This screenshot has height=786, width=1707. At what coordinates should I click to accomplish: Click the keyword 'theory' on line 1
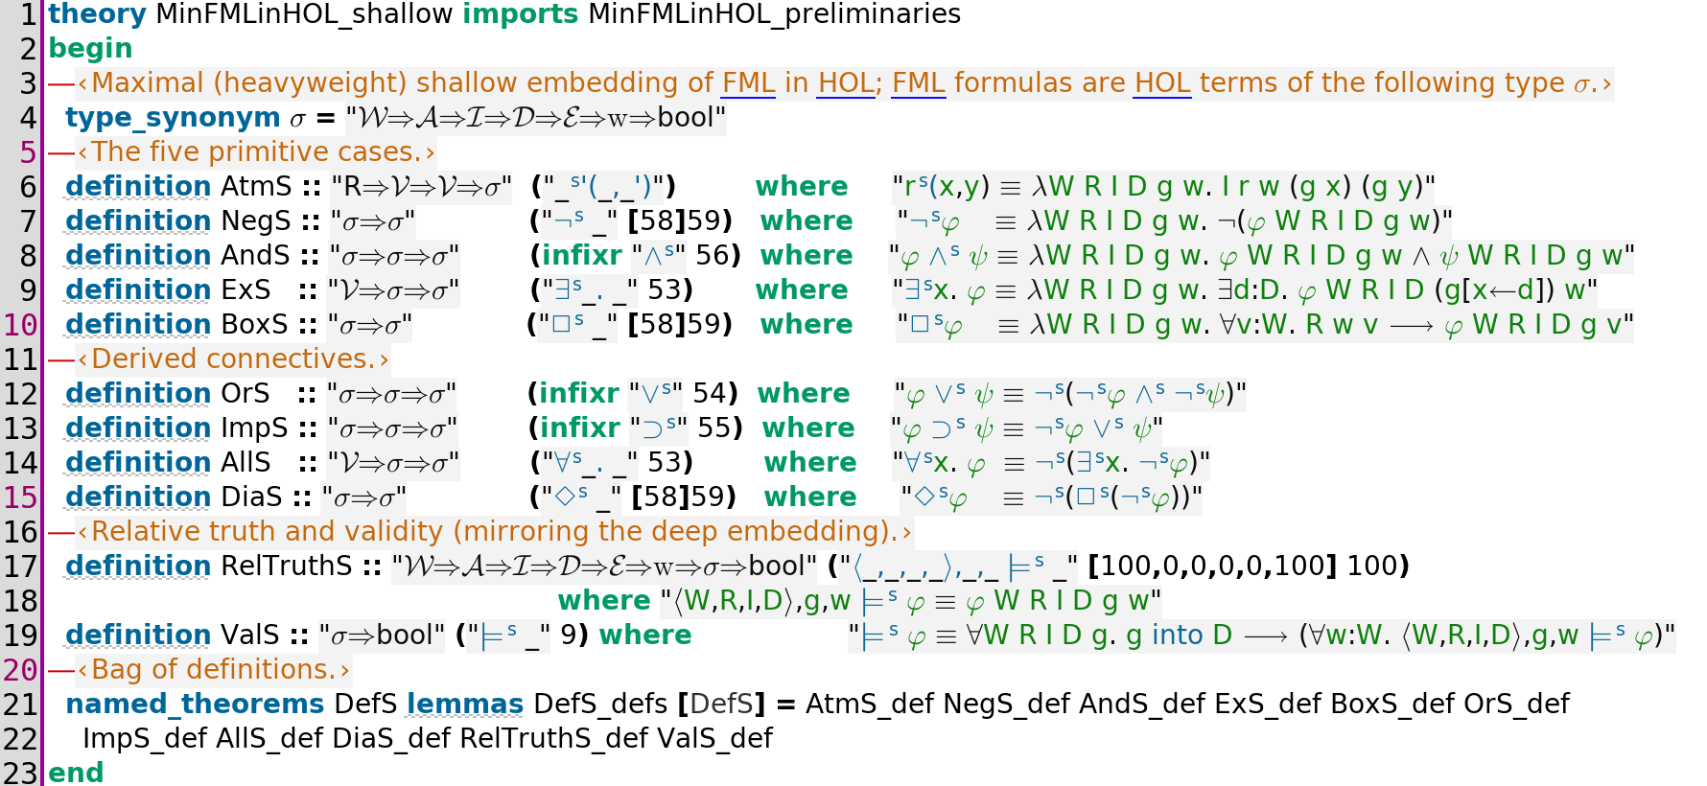tap(97, 14)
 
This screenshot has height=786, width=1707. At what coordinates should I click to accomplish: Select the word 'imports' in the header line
tap(520, 14)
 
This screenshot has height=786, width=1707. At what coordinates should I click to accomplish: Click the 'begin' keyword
tap(90, 49)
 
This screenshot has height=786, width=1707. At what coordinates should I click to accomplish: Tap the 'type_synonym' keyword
tap(173, 118)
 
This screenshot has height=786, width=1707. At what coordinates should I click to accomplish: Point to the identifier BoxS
tap(254, 324)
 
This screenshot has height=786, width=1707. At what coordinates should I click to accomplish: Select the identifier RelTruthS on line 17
tap(287, 566)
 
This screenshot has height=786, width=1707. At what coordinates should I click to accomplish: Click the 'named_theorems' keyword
tap(195, 705)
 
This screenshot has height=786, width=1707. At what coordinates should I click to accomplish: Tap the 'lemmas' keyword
tap(465, 705)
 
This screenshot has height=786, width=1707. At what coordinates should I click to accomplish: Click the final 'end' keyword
tap(76, 773)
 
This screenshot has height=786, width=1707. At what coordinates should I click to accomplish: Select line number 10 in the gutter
tap(20, 325)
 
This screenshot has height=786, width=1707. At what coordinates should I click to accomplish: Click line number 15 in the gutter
tap(20, 497)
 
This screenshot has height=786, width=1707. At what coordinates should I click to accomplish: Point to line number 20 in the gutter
tap(20, 670)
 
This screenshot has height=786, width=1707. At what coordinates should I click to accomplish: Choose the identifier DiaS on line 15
tap(252, 497)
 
